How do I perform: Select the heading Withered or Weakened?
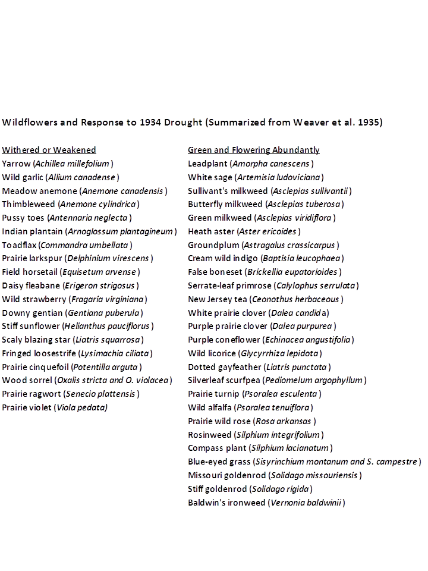[49, 150]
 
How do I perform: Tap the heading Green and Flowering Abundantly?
[254, 150]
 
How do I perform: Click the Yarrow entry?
[58, 164]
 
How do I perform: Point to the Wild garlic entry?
[61, 177]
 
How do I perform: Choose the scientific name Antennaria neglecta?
[89, 218]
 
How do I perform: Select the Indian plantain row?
[89, 231]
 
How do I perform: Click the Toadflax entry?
[67, 245]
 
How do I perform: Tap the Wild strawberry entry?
[74, 299]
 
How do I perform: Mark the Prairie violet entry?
[55, 407]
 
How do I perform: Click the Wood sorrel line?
[87, 380]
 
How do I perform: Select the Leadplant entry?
[251, 164]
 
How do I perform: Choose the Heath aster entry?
[244, 231]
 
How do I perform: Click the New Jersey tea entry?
[266, 299]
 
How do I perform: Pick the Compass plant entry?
[260, 448]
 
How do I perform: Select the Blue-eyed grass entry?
[304, 462]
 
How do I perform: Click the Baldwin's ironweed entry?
[266, 503]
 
